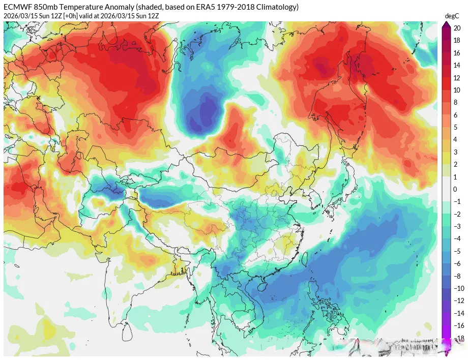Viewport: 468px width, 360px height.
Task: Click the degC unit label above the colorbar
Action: pos(452,16)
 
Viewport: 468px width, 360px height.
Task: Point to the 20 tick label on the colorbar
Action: pos(457,28)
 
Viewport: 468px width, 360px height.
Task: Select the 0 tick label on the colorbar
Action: pos(456,189)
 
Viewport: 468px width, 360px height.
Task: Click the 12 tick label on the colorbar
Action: pos(457,78)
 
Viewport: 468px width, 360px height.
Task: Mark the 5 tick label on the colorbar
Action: pos(456,140)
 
